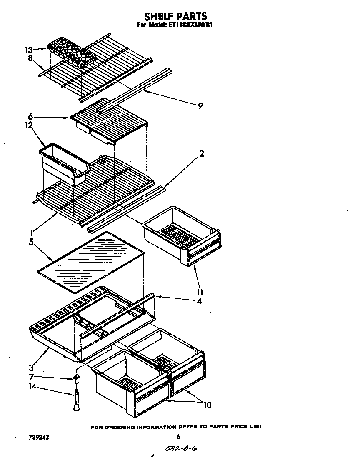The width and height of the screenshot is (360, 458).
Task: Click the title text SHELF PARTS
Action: (x=175, y=16)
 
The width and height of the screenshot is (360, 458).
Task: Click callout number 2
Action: (x=201, y=154)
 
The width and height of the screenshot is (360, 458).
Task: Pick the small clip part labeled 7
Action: (x=76, y=378)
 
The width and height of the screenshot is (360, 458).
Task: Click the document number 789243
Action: (x=36, y=438)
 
